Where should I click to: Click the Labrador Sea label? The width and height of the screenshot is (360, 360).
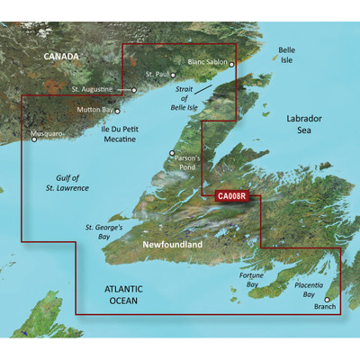(309, 125)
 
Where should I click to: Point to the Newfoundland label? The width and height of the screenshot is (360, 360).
(172, 244)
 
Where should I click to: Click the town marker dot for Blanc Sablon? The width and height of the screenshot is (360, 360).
(231, 64)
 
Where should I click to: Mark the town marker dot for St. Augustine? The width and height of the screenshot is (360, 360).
(134, 90)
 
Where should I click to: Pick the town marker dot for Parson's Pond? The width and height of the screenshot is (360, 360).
(173, 153)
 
